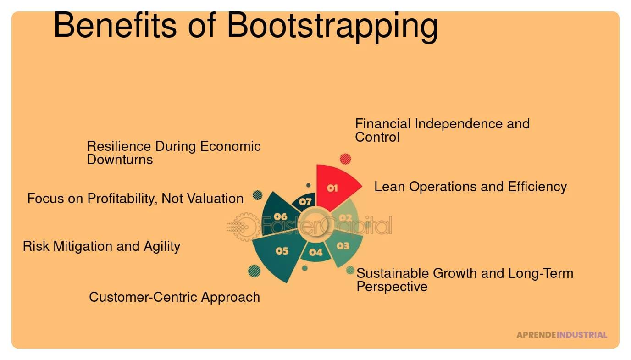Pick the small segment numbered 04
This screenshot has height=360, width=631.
click(315, 253)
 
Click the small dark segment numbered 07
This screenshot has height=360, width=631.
click(305, 201)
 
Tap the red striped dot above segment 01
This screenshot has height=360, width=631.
click(345, 159)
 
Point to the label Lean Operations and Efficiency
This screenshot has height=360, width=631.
click(470, 187)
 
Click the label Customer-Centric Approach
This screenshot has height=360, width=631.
click(174, 297)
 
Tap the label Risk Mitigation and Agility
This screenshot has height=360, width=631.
click(101, 246)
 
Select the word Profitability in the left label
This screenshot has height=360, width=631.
click(122, 199)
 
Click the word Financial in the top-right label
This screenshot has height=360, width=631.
click(383, 124)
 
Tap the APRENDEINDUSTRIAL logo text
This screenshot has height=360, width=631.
click(561, 335)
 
